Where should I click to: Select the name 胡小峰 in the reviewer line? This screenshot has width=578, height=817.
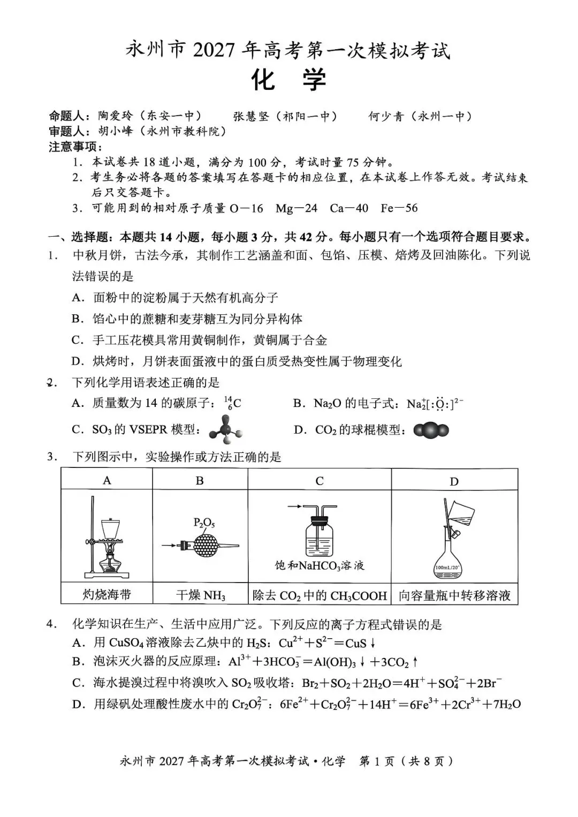point(116,131)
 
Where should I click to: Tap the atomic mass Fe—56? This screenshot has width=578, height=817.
point(399,208)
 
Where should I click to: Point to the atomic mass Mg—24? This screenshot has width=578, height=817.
point(296,208)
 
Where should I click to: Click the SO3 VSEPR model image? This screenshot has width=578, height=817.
point(226,430)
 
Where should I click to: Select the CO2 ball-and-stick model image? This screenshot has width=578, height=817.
point(431,430)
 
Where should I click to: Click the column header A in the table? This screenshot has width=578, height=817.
point(107,480)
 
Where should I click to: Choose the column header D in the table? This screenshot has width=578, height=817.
point(454,481)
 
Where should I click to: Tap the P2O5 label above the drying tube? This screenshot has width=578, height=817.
point(204,523)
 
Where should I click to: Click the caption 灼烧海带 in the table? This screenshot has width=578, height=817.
point(107,595)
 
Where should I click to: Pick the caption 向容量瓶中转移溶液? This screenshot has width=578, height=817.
point(454,596)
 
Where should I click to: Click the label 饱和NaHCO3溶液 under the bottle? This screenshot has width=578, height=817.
point(320,566)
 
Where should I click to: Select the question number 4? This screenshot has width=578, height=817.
point(52,624)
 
